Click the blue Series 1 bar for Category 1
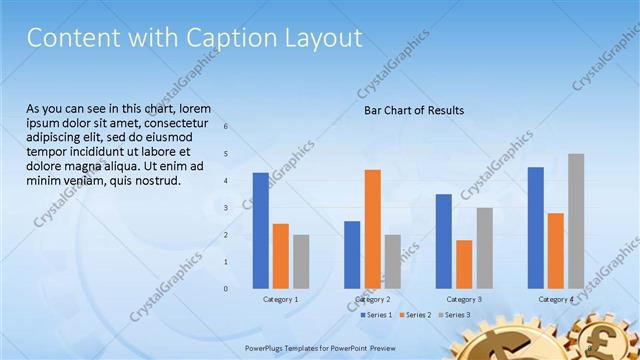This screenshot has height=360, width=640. coord(260,230)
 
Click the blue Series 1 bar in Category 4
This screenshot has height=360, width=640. coord(536,227)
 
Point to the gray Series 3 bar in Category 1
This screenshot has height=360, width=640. coord(301,261)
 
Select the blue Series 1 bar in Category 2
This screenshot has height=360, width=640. coord(352,254)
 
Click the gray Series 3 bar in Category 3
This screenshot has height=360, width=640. coord(484,247)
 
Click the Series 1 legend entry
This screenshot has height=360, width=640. coord(375,315)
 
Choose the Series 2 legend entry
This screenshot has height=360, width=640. coord(414,315)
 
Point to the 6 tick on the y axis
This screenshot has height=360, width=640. coord(226,127)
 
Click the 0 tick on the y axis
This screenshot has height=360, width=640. coord(226,289)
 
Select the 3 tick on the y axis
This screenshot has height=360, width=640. coord(226,208)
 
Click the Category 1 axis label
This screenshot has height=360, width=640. coord(281,299)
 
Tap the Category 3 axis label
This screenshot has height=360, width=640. coord(464,299)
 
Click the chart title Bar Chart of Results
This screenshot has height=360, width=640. coord(413,110)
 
